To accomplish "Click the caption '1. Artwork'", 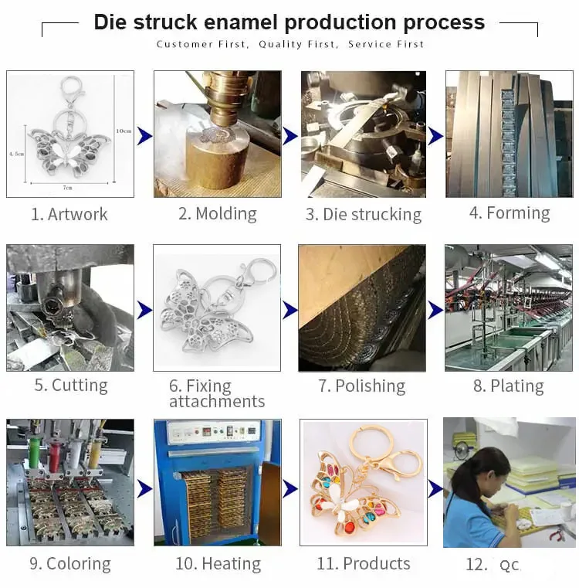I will pyautogui.click(x=69, y=214).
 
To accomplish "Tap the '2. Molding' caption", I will pyautogui.click(x=218, y=213).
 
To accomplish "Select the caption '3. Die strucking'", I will pyautogui.click(x=364, y=214).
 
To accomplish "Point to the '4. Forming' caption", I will pyautogui.click(x=510, y=212).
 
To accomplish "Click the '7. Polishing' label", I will pyautogui.click(x=361, y=386).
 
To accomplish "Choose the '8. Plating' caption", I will pyautogui.click(x=508, y=386).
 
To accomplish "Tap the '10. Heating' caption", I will pyautogui.click(x=217, y=563).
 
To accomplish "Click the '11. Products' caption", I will pyautogui.click(x=364, y=563).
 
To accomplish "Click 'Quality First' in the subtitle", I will pyautogui.click(x=297, y=44).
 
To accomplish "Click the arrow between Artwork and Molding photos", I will pyautogui.click(x=144, y=136).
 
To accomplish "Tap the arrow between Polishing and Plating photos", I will pyautogui.click(x=435, y=310).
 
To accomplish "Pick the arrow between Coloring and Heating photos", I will pyautogui.click(x=144, y=488).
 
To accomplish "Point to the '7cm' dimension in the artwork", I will pyautogui.click(x=68, y=188).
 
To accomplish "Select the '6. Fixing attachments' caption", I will pyautogui.click(x=216, y=393).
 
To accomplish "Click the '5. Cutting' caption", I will pyautogui.click(x=70, y=385).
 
